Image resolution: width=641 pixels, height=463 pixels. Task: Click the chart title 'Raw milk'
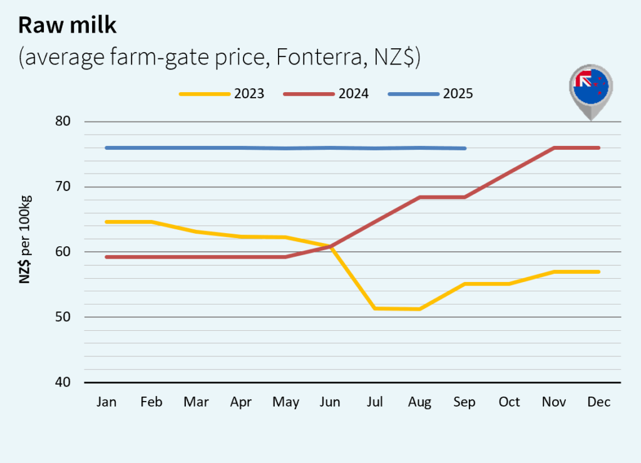coord(67,24)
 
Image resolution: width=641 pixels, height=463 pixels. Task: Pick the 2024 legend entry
coord(326,94)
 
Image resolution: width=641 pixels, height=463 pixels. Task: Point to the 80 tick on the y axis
coord(63,122)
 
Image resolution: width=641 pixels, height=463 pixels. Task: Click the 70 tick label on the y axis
coord(63,187)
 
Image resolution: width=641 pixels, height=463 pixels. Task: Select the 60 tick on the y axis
coord(63,252)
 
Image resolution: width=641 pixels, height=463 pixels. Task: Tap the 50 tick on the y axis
coord(63,317)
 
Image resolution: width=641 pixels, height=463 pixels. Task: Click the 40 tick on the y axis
coord(63,382)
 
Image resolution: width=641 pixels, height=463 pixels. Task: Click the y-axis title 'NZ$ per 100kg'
coord(25,239)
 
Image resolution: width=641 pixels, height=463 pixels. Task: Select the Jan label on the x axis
coord(106,402)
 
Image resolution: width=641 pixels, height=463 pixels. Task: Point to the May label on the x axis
coord(285,402)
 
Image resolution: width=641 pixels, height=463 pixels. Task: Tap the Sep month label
coord(464,402)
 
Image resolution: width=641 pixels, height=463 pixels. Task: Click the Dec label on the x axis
coord(599,402)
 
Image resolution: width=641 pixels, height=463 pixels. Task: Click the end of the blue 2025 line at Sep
coord(465,148)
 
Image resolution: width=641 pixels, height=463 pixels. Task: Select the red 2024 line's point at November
coord(555,148)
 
